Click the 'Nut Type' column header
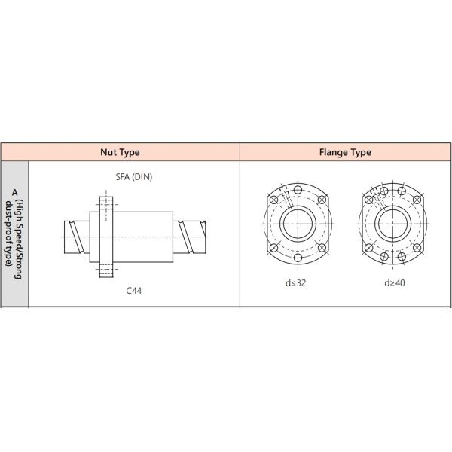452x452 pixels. (x=120, y=152)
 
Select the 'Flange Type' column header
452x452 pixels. (x=345, y=152)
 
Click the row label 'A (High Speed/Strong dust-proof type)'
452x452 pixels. (x=14, y=234)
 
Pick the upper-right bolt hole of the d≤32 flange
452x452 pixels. (x=322, y=200)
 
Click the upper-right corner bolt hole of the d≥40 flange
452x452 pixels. (x=416, y=200)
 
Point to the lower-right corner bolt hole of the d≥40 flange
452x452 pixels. (x=416, y=249)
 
